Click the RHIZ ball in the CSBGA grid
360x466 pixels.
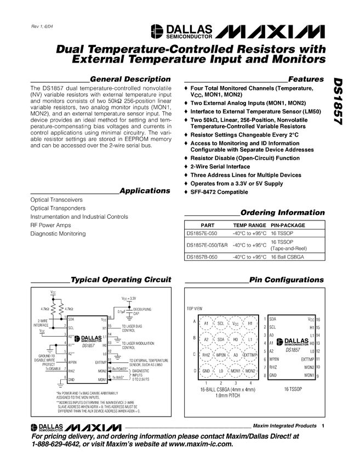(207, 355)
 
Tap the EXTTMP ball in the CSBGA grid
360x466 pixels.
(250, 355)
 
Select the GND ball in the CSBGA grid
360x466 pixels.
(207, 371)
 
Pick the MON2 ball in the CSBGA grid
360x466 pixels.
(250, 371)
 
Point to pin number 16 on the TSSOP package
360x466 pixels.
(318, 319)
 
